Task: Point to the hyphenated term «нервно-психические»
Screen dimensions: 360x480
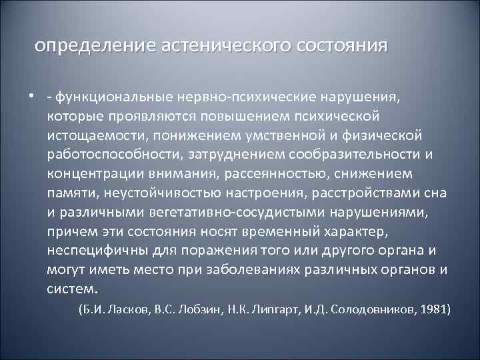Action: [235, 99]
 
